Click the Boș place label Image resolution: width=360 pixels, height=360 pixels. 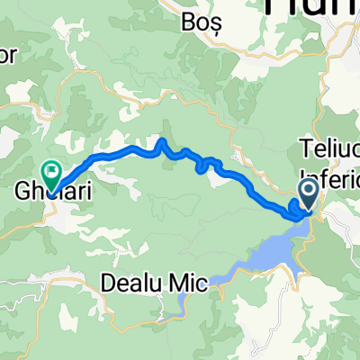click(x=220, y=19)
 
